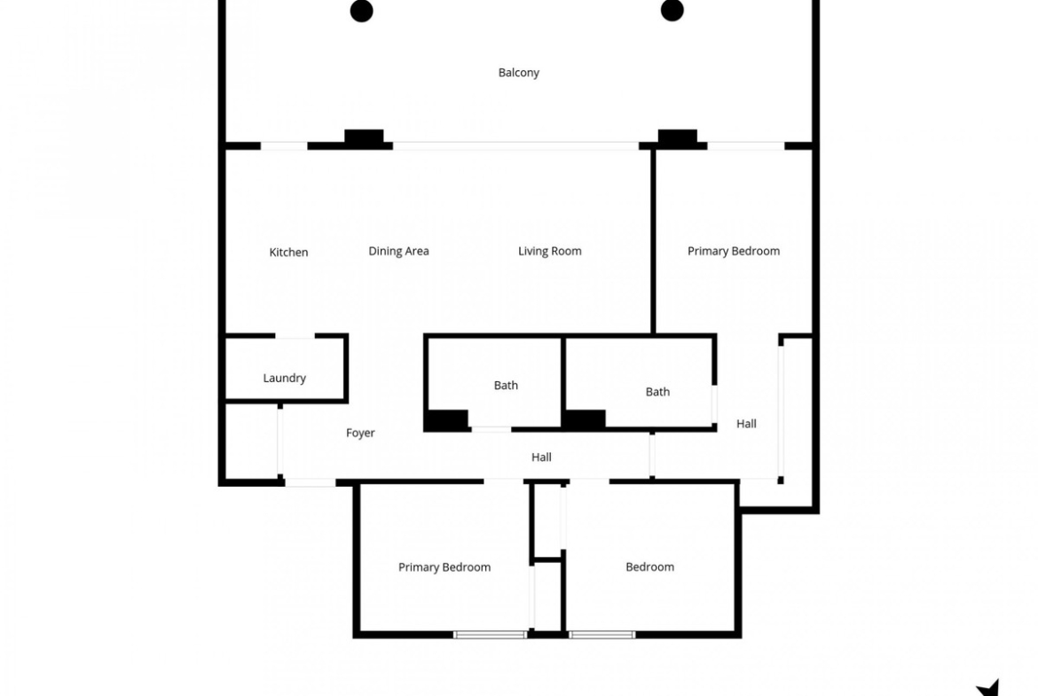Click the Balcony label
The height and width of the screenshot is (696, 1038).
tap(518, 73)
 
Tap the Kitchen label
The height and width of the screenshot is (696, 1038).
tap(288, 252)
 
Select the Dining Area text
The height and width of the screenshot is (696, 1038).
tap(398, 252)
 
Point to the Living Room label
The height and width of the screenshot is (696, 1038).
tap(549, 252)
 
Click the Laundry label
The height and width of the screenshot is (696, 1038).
tap(285, 379)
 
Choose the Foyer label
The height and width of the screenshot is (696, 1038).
tap(360, 433)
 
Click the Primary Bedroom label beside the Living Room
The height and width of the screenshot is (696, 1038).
tap(734, 252)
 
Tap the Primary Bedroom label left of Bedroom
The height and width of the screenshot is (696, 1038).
tap(444, 567)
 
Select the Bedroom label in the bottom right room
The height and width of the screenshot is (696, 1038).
tap(649, 567)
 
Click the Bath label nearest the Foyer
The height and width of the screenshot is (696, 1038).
tap(506, 385)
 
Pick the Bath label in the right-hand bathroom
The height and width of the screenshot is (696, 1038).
tap(657, 392)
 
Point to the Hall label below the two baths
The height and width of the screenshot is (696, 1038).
tap(541, 457)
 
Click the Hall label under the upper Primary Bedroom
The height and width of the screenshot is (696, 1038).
tap(746, 424)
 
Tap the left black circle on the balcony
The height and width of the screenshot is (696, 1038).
tap(361, 11)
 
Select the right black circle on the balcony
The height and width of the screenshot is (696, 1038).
tap(672, 10)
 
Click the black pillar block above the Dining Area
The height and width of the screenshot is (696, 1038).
tap(364, 137)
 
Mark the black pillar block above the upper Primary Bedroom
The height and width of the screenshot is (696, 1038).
tap(677, 137)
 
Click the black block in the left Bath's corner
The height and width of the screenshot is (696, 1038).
tap(447, 419)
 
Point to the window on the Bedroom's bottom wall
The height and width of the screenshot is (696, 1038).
tap(602, 635)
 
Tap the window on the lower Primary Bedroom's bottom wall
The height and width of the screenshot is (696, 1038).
tap(490, 635)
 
